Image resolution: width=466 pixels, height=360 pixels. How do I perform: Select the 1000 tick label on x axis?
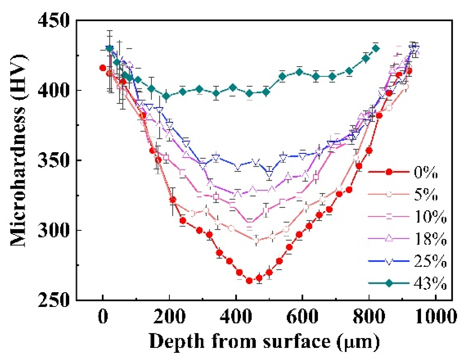(435, 316)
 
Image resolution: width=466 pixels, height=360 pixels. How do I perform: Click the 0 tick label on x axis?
(103, 316)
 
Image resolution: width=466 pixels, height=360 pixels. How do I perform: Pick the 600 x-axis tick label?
(302, 316)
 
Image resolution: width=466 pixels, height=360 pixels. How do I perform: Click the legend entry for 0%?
(425, 172)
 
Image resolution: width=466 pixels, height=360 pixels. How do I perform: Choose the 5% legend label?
(425, 194)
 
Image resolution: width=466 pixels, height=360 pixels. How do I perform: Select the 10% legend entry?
(430, 217)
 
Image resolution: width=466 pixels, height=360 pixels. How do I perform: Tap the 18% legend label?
(430, 239)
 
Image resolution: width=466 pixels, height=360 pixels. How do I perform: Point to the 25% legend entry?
(430, 261)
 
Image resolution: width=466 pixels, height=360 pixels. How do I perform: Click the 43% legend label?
(430, 283)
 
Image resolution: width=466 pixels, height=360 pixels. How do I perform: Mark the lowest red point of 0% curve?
(249, 281)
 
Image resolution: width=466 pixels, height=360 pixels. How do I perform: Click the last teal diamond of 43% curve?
(376, 49)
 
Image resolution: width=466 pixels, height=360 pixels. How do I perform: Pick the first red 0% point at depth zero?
(103, 68)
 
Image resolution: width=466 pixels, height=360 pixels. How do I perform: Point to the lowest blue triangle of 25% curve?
(269, 174)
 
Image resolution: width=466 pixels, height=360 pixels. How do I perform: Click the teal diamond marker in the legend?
(389, 283)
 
